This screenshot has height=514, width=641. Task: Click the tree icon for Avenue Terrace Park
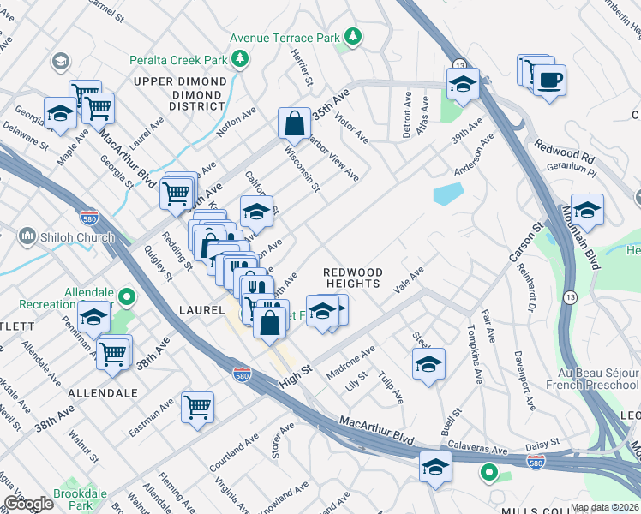(x=352, y=37)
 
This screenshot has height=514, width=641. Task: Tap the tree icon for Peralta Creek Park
(x=243, y=58)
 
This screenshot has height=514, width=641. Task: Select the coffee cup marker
(x=549, y=81)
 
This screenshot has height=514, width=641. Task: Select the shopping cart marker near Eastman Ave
(x=197, y=406)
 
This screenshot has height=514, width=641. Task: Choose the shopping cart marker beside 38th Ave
(x=113, y=352)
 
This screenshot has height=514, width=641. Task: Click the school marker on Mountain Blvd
(x=587, y=210)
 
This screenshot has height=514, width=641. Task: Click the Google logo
(x=27, y=504)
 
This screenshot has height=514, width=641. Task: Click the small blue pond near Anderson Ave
(x=448, y=194)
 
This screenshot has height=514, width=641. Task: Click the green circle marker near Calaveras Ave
(x=488, y=471)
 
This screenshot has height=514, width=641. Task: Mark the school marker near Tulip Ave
(x=428, y=363)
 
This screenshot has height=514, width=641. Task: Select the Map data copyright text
(x=605, y=507)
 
